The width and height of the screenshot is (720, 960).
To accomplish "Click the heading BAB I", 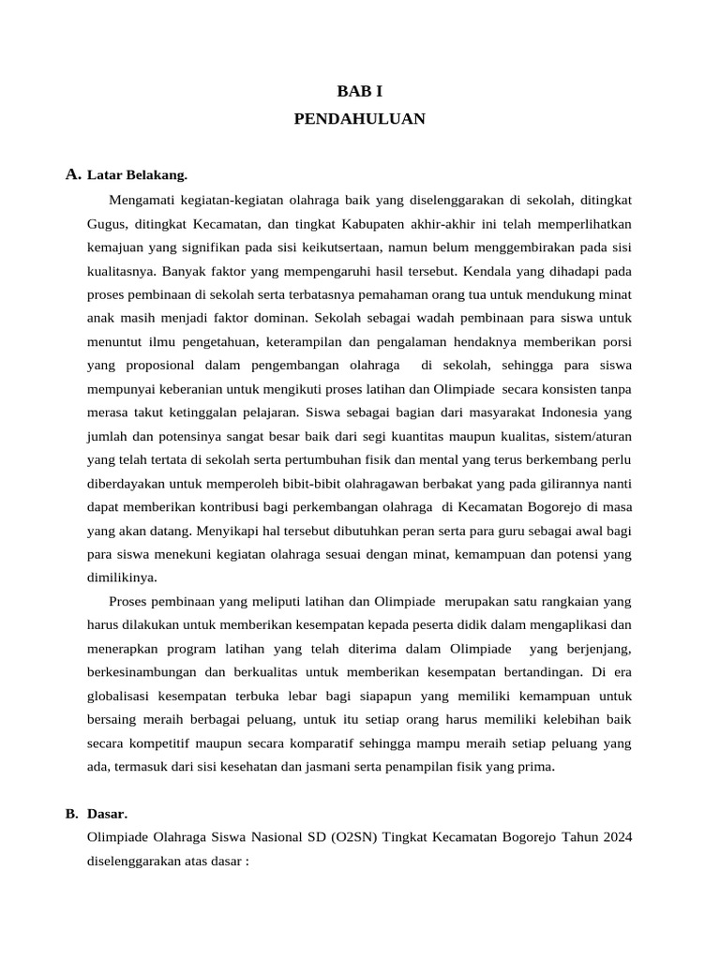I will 360,92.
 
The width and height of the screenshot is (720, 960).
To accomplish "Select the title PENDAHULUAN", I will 360,119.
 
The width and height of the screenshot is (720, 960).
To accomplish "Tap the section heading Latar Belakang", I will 137,174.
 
